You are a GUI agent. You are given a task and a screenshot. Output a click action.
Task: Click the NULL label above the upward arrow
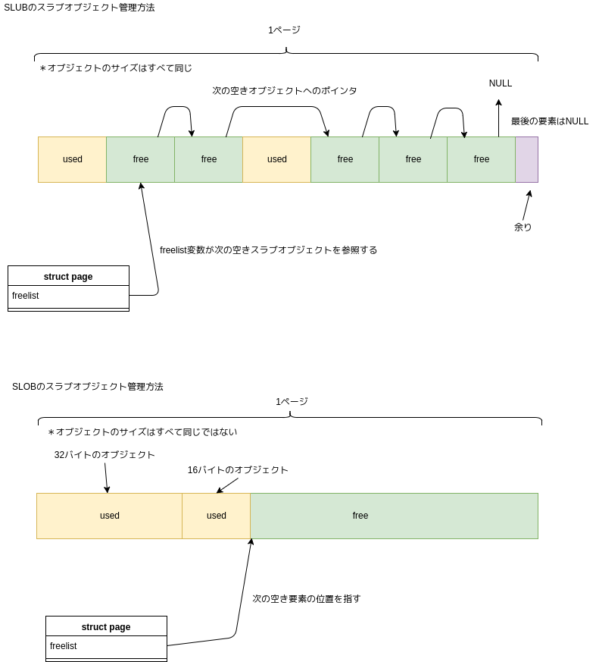[500, 83]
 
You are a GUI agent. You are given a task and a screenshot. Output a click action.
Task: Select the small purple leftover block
[526, 159]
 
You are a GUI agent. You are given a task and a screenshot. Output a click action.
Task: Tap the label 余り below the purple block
[523, 227]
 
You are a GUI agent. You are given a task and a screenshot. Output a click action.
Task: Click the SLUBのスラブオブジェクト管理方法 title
[80, 8]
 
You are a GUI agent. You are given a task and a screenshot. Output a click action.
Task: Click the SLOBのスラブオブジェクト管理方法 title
[87, 387]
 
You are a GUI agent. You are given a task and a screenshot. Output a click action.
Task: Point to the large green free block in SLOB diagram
[394, 516]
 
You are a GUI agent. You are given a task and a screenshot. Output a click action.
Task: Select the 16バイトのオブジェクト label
[238, 470]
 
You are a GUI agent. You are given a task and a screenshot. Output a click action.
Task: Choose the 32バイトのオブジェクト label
[105, 455]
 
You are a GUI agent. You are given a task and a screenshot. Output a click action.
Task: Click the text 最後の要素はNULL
[549, 121]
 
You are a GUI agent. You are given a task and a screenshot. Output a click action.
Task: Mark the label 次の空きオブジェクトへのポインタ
[284, 91]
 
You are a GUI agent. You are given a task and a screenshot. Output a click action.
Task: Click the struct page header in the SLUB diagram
[68, 276]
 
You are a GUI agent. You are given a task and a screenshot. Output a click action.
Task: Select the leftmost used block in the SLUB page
[73, 159]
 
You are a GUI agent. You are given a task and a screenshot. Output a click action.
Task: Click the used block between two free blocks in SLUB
[277, 159]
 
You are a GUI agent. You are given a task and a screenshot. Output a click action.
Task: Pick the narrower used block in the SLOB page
[217, 516]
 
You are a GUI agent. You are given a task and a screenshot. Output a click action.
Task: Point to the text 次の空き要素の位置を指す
[307, 599]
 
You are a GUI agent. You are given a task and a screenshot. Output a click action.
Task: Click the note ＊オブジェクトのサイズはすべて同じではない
[142, 432]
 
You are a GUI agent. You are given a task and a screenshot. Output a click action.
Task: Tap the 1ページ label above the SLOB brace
[292, 402]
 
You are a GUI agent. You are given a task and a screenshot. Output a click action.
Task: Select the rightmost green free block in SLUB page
[482, 159]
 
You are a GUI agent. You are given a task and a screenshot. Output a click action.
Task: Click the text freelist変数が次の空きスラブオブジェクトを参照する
[268, 250]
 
